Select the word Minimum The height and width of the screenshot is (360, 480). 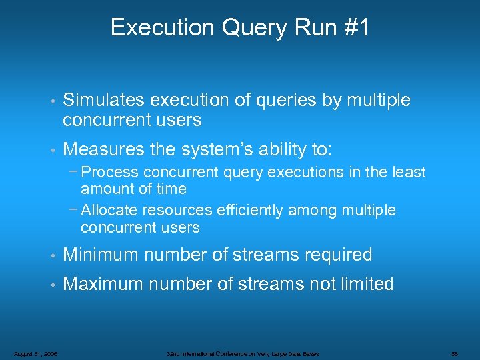[101, 255]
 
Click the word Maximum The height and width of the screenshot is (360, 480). [103, 284]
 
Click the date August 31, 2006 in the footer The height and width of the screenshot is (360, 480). [35, 353]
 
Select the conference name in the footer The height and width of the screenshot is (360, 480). [242, 353]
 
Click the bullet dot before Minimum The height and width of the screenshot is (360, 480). [51, 255]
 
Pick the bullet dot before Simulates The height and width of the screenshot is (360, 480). [51, 101]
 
